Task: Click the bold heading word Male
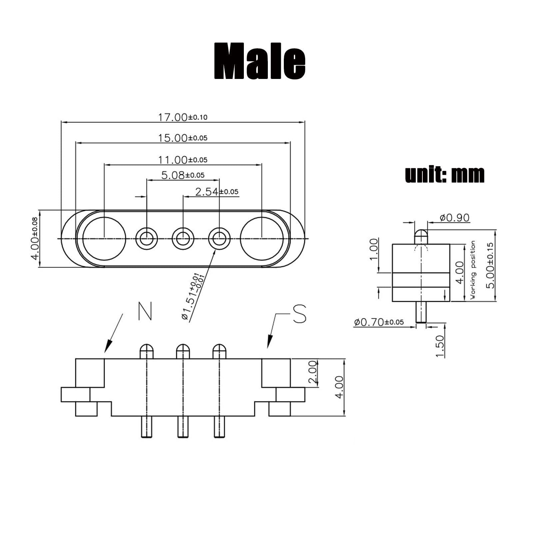[x=260, y=62]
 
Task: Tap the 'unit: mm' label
[x=444, y=175]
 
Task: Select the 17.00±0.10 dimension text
[x=182, y=117]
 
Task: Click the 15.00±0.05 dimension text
[x=182, y=138]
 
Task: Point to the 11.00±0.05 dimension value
[x=182, y=160]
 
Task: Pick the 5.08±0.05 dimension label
[x=183, y=175]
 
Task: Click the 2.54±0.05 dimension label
[x=217, y=192]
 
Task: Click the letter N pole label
[x=145, y=311]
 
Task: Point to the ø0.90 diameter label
[x=454, y=218]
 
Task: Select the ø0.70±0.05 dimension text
[x=378, y=322]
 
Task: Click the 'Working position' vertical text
[x=473, y=270]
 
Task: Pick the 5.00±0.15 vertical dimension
[x=490, y=265]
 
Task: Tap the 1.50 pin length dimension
[x=440, y=346]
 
